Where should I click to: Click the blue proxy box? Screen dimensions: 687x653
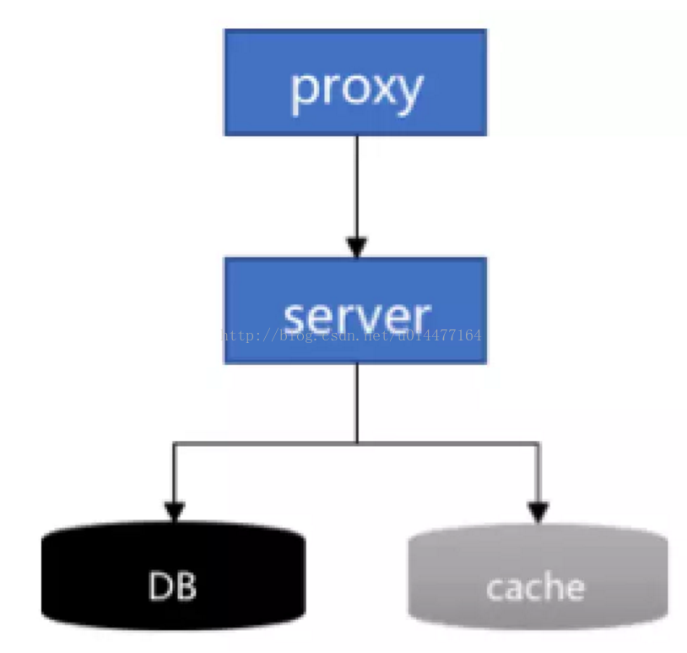click(355, 83)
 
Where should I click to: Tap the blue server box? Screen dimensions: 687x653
click(355, 311)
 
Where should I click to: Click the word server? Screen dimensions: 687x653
click(357, 317)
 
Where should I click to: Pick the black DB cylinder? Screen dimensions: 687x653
click(174, 576)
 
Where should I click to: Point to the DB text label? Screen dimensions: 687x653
click(172, 586)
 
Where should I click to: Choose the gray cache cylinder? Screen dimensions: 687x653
click(538, 576)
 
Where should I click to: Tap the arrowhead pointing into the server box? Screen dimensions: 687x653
click(357, 247)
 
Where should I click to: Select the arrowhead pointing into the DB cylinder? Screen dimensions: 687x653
click(175, 512)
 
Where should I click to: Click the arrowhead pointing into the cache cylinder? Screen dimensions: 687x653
click(538, 513)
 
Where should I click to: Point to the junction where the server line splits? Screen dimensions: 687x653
click(357, 443)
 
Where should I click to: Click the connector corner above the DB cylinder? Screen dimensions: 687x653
click(175, 443)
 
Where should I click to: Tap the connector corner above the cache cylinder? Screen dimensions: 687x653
click(538, 443)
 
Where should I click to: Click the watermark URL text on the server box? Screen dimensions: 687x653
click(351, 335)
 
